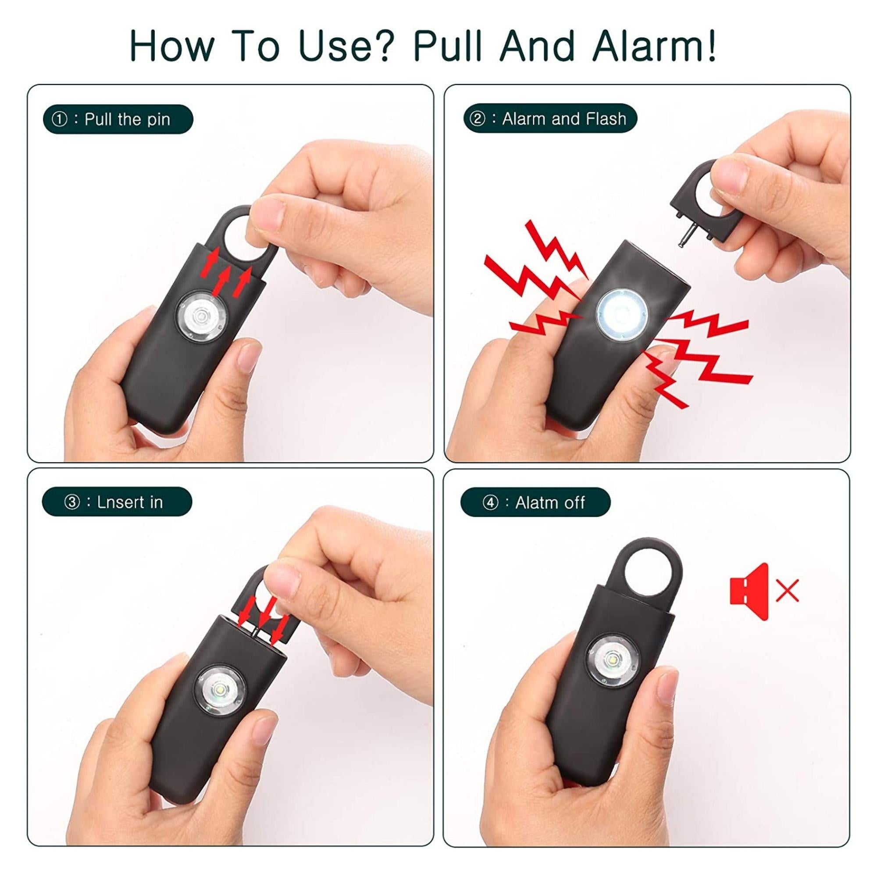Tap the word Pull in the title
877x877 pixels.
click(x=447, y=46)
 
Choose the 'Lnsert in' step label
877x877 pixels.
click(x=117, y=502)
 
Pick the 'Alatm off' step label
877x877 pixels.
click(x=536, y=503)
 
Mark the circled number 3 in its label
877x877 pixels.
click(x=72, y=503)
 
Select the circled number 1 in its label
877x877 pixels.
click(x=60, y=120)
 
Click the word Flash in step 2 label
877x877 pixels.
click(x=606, y=119)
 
